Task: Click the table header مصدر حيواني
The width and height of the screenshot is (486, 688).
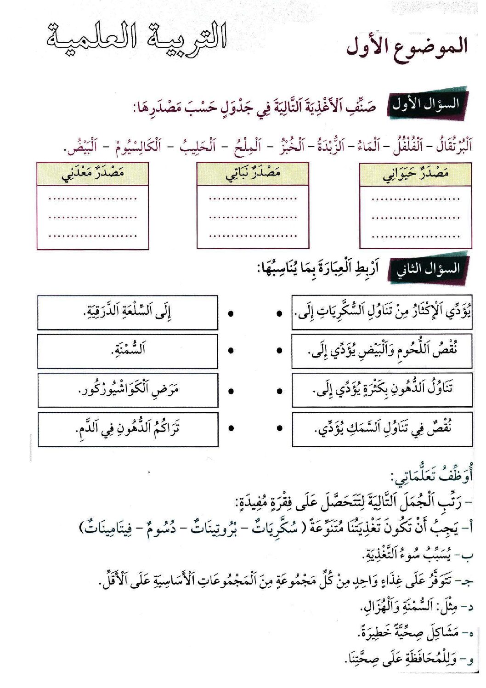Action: point(415,174)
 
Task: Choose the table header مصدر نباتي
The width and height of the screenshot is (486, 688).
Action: point(253,174)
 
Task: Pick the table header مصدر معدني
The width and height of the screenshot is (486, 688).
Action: point(92,174)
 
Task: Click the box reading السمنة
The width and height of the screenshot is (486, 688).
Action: point(128,351)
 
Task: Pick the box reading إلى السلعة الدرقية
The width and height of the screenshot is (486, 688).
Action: point(128,312)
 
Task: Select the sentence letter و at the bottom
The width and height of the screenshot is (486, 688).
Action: point(469,662)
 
